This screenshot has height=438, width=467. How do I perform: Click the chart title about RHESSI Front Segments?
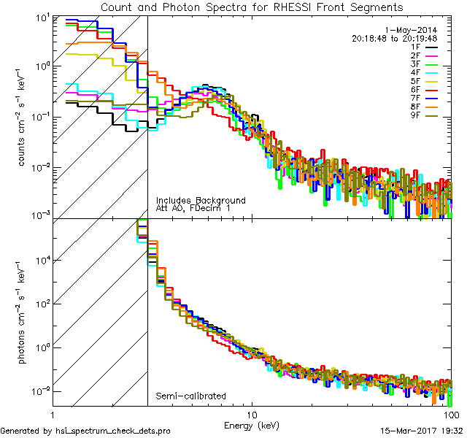[x=251, y=7]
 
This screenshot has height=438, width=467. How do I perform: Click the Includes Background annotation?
[x=201, y=200]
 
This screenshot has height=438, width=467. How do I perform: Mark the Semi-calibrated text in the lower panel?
[x=190, y=396]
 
